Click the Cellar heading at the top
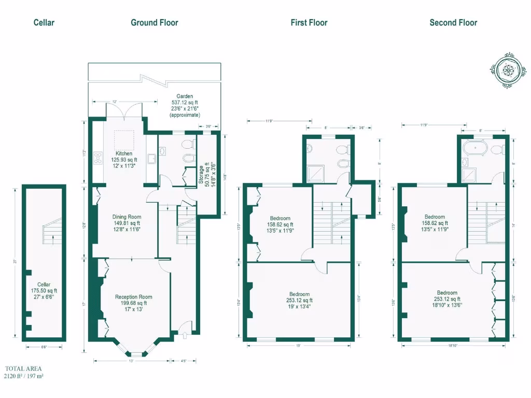point(44,22)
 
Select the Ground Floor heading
point(154,22)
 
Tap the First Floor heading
point(309,22)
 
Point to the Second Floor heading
point(453,22)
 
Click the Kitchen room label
point(124,153)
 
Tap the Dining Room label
point(127,217)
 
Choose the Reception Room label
point(134,297)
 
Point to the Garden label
point(185,96)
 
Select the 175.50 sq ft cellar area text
point(44,291)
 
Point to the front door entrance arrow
point(184,336)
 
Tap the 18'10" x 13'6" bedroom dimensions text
point(447,305)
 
